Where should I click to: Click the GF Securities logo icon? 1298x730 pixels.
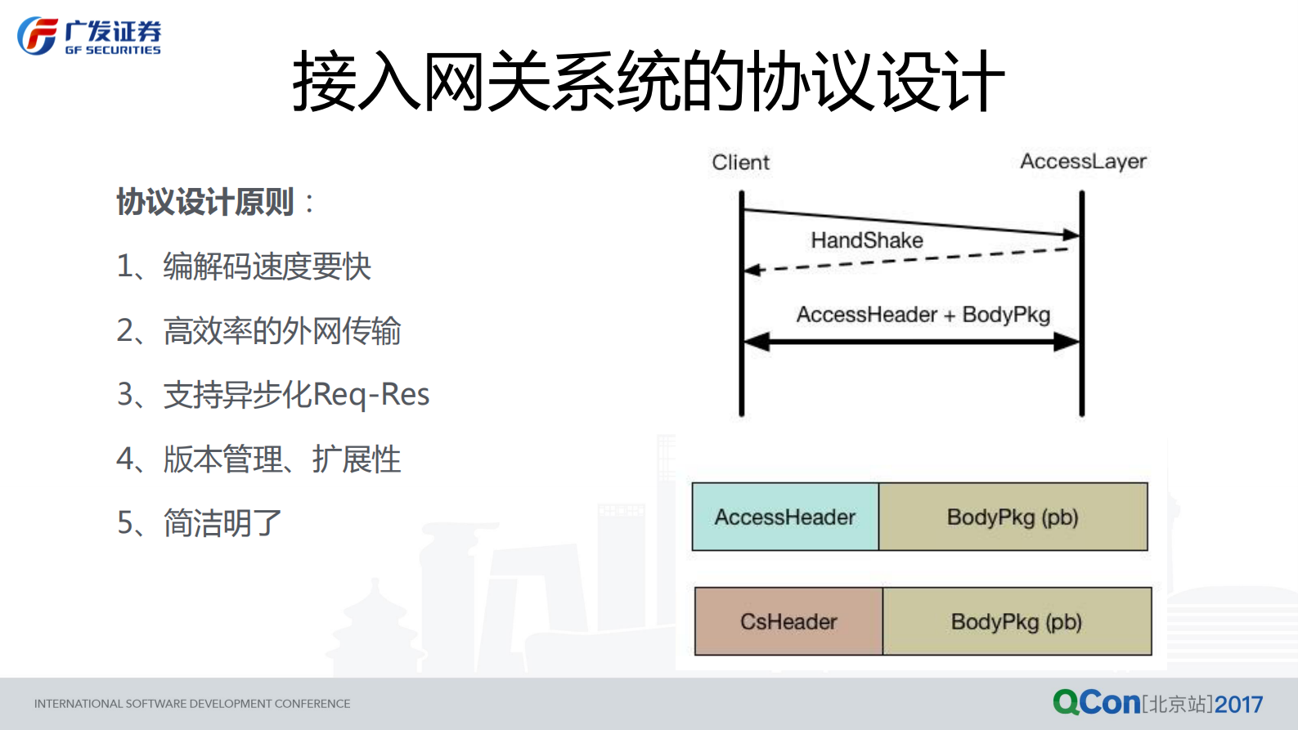click(x=38, y=36)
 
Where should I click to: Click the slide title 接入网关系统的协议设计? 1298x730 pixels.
click(x=648, y=81)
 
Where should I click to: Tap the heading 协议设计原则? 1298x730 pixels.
click(x=205, y=202)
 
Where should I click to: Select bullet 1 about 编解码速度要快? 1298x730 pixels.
click(x=244, y=266)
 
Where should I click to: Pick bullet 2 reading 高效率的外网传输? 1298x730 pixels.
click(x=258, y=331)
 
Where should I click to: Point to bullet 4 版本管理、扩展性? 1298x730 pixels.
click(x=258, y=459)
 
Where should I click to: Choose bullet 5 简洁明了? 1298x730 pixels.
click(x=200, y=523)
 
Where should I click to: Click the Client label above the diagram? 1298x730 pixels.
click(x=740, y=162)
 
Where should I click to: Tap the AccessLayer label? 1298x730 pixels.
click(x=1083, y=161)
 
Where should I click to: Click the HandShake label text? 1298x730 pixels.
click(x=867, y=240)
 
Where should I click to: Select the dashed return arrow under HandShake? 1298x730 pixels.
click(x=908, y=259)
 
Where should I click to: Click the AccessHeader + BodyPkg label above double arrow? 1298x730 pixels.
click(x=923, y=315)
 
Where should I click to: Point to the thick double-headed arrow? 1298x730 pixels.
click(x=911, y=342)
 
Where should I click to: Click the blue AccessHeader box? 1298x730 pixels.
click(x=785, y=517)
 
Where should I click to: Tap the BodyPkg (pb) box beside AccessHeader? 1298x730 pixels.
click(x=1013, y=517)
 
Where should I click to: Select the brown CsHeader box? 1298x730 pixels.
click(x=788, y=621)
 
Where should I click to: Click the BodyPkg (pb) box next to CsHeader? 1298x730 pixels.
click(x=1017, y=621)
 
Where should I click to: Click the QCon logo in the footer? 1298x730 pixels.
click(x=1096, y=702)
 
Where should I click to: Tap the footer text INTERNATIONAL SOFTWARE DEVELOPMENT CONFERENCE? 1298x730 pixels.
click(x=192, y=704)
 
